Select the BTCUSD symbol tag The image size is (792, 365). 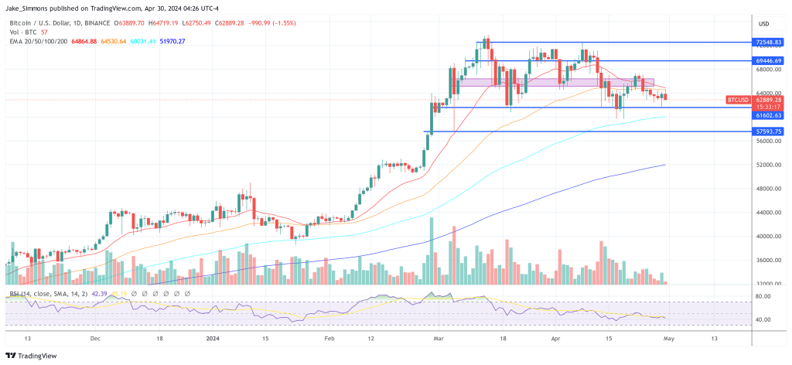[737, 100]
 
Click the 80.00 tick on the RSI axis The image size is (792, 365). [763, 295]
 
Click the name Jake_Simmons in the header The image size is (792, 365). [27, 9]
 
